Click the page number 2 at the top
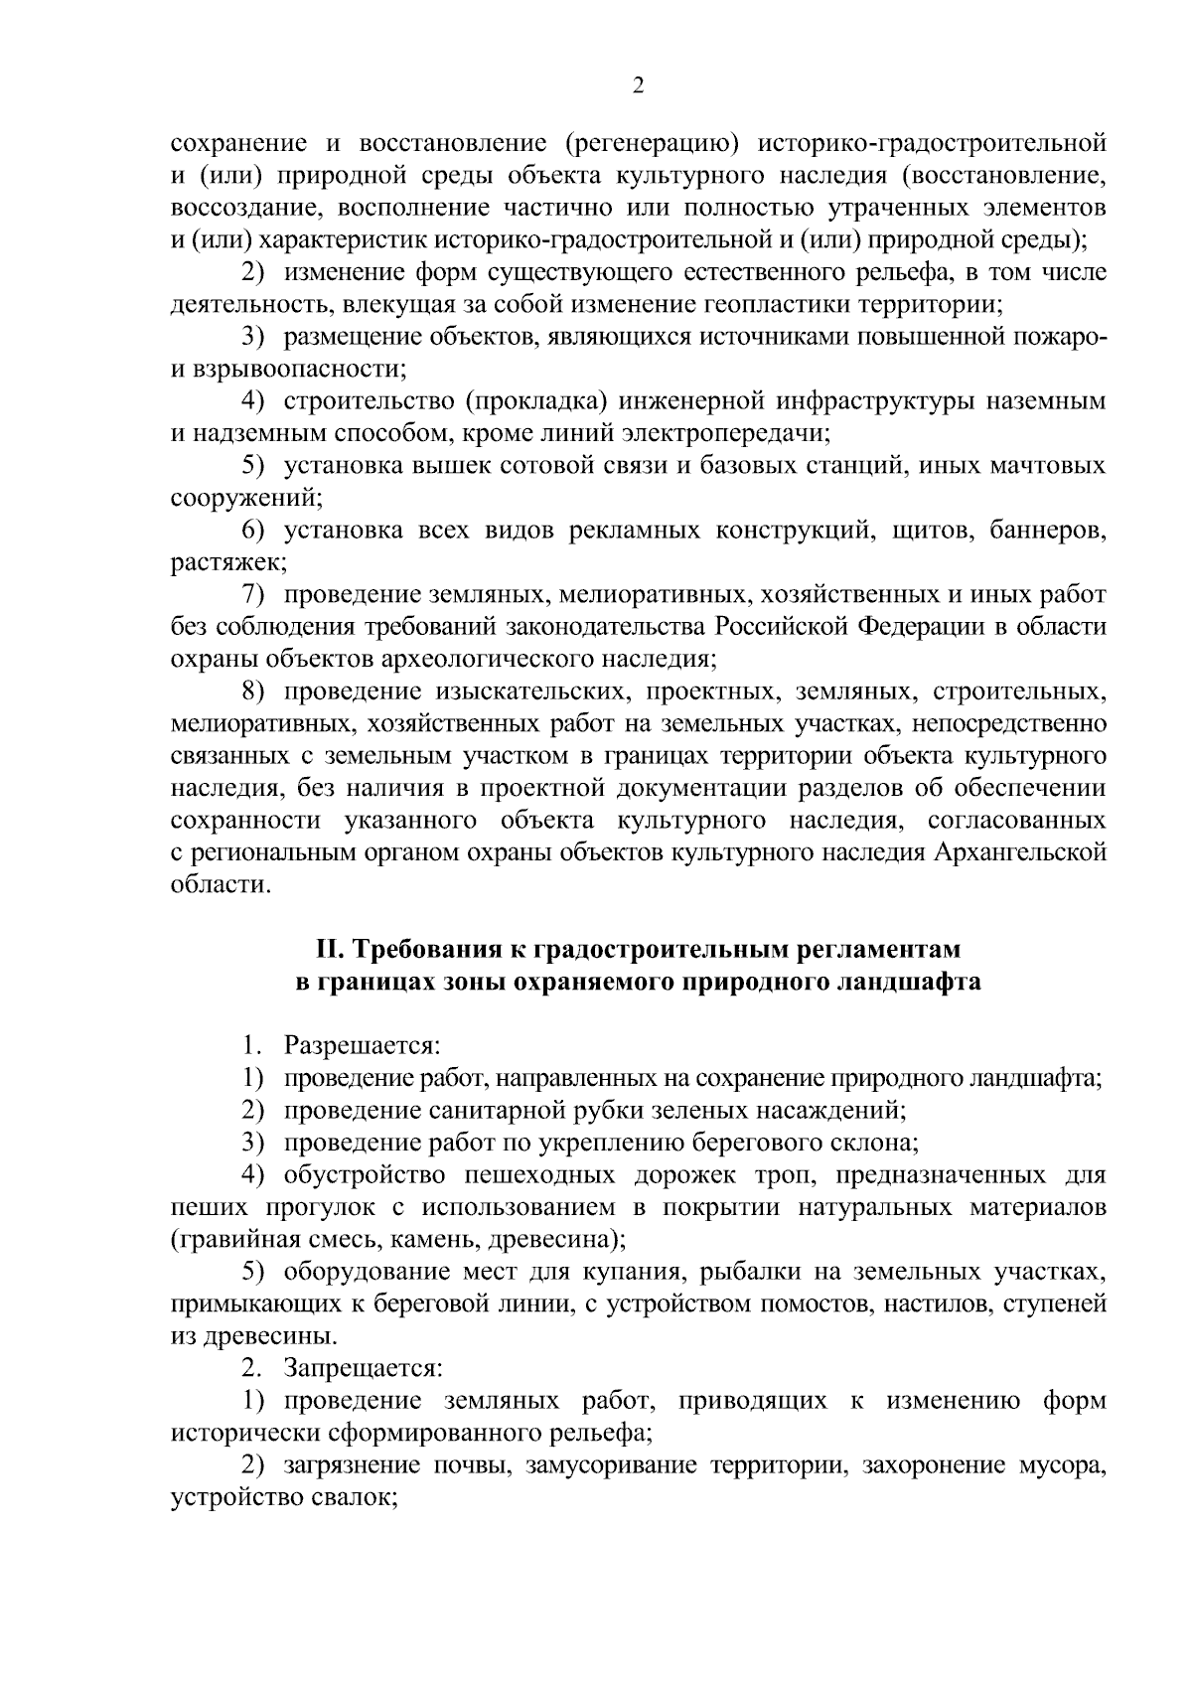click(639, 86)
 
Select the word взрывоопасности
click(299, 370)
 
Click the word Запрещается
click(363, 1368)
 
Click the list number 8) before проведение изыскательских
click(256, 691)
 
